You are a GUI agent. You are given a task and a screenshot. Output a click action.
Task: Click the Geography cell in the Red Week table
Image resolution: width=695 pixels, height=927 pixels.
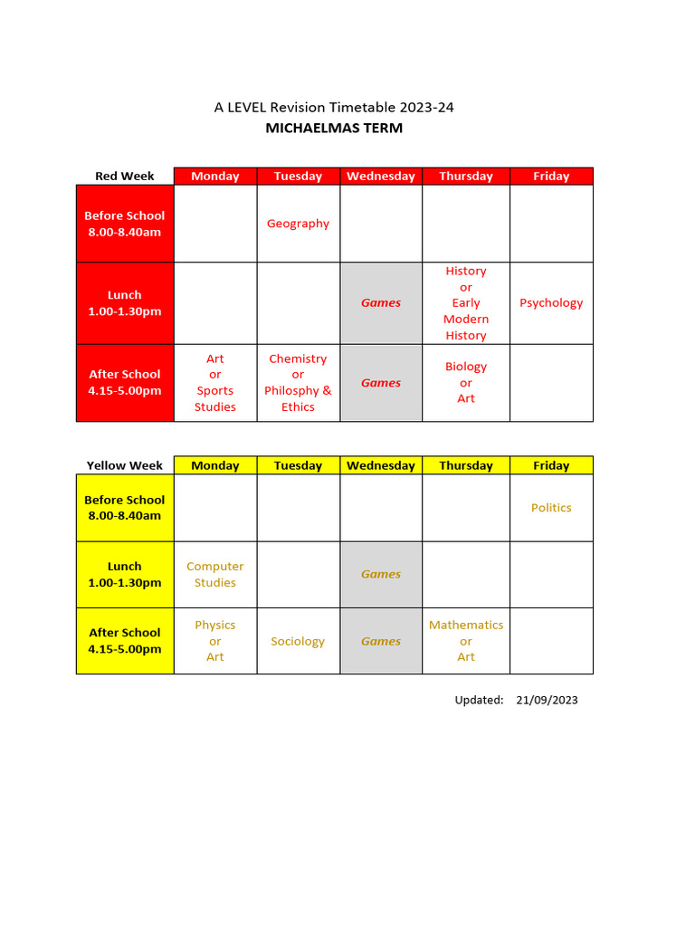click(x=298, y=224)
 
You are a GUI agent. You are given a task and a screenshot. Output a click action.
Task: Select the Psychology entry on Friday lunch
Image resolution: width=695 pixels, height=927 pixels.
click(x=551, y=303)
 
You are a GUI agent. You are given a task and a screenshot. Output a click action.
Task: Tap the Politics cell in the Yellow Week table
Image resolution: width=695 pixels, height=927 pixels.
click(x=551, y=508)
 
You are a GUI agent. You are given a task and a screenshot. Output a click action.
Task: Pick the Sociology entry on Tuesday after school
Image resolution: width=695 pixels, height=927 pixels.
click(x=298, y=642)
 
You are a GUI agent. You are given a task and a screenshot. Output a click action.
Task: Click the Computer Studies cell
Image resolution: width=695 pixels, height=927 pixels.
click(x=215, y=575)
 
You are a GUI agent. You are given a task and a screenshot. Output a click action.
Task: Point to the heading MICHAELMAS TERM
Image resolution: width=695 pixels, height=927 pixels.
click(x=334, y=129)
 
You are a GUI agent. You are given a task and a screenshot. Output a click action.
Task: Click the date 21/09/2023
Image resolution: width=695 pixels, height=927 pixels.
click(x=547, y=700)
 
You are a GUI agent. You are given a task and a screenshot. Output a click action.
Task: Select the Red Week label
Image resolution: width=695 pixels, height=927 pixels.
click(x=125, y=177)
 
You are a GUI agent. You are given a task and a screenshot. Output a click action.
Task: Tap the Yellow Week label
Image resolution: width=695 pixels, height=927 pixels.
click(x=125, y=466)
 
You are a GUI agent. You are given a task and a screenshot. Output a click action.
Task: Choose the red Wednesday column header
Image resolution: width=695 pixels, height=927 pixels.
click(x=381, y=177)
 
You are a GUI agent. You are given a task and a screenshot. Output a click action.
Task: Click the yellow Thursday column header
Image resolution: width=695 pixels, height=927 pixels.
click(x=466, y=466)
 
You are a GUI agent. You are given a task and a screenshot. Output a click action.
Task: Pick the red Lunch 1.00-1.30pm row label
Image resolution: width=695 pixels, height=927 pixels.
click(x=125, y=303)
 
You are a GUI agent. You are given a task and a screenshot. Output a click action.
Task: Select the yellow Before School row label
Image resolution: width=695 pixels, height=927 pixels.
click(x=125, y=508)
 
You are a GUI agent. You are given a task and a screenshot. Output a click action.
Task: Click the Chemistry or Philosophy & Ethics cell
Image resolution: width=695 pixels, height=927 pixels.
click(x=298, y=383)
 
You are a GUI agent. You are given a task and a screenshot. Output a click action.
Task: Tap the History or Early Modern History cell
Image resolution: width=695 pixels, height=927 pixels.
click(x=466, y=303)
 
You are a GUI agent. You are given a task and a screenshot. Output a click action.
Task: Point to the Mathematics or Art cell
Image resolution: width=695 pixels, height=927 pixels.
click(x=466, y=641)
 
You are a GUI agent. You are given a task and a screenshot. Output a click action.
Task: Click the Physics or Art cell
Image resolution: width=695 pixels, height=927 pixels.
click(x=215, y=641)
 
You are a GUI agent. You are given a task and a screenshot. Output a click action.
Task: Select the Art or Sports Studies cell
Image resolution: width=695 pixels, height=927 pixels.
click(x=215, y=383)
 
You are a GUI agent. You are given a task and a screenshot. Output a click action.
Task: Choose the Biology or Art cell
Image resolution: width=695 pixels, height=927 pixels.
click(x=466, y=383)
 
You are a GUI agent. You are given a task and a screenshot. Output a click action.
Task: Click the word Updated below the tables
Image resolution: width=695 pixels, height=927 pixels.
click(x=479, y=700)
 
